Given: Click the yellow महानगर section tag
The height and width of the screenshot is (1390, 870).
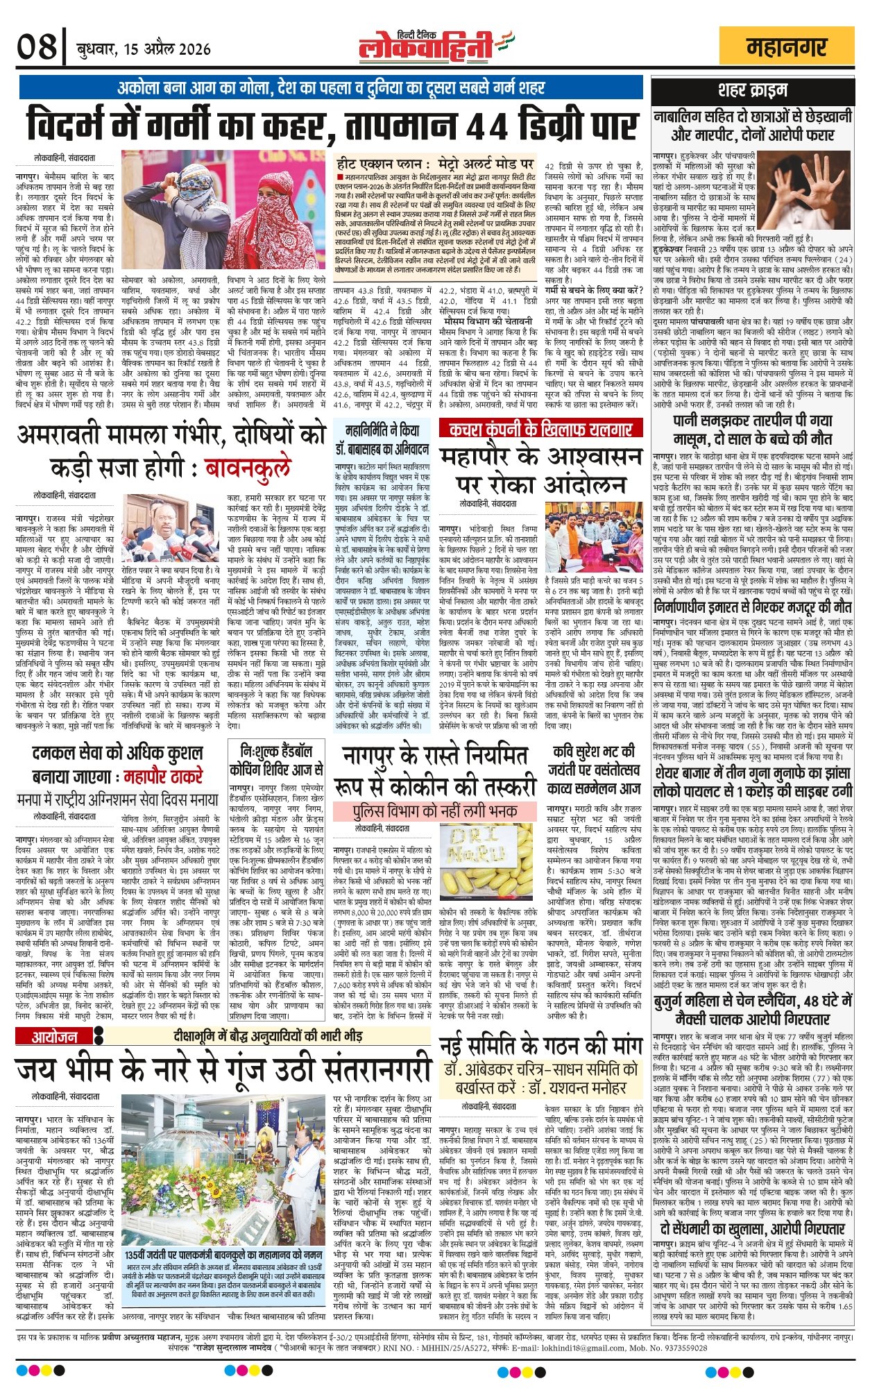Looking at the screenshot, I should pyautogui.click(x=787, y=48).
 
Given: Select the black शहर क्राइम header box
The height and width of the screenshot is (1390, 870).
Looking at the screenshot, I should pyautogui.click(x=752, y=90).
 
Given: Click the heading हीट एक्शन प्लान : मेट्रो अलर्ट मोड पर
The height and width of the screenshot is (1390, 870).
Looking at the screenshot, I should pyautogui.click(x=434, y=164).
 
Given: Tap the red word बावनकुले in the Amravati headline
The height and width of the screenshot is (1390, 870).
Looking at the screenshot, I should pyautogui.click(x=248, y=468).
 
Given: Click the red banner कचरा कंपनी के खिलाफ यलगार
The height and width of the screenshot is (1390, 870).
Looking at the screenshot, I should pyautogui.click(x=540, y=429).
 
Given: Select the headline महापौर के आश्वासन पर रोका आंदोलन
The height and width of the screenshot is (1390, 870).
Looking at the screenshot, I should pyautogui.click(x=540, y=470).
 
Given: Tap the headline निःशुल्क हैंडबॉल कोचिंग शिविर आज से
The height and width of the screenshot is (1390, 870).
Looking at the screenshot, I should pyautogui.click(x=276, y=760).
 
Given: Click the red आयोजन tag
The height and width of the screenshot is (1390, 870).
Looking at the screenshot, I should pyautogui.click(x=55, y=1037).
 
